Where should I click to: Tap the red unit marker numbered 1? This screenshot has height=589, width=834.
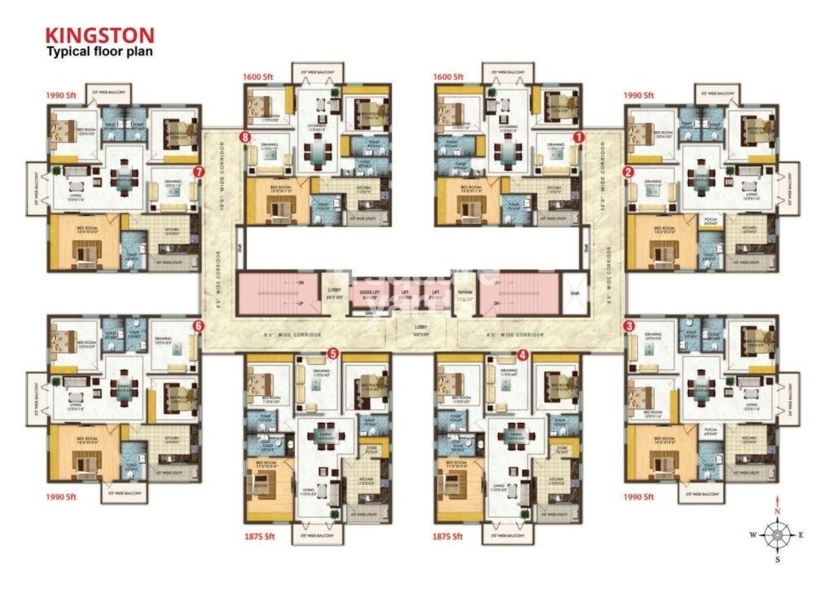coord(579,138)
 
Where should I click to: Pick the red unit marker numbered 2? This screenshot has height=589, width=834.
coord(628,172)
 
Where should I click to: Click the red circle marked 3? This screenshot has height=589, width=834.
coord(629,326)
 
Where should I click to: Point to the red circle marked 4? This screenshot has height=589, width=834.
coord(523,354)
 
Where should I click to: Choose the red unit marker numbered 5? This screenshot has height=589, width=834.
coord(332,354)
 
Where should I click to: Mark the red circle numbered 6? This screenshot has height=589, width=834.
coord(198,326)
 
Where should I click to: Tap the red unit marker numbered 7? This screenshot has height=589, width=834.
coord(199,172)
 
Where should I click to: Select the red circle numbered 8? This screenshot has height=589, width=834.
coord(244,138)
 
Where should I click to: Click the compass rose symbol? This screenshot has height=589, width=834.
coord(777,534)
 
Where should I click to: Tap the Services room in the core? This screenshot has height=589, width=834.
coord(466,296)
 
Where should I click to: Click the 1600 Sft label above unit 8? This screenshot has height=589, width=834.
coord(257,77)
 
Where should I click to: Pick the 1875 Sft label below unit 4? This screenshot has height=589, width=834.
coord(448,537)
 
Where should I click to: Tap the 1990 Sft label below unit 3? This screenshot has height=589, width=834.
coord(639,496)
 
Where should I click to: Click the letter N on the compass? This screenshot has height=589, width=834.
coord(777,511)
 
